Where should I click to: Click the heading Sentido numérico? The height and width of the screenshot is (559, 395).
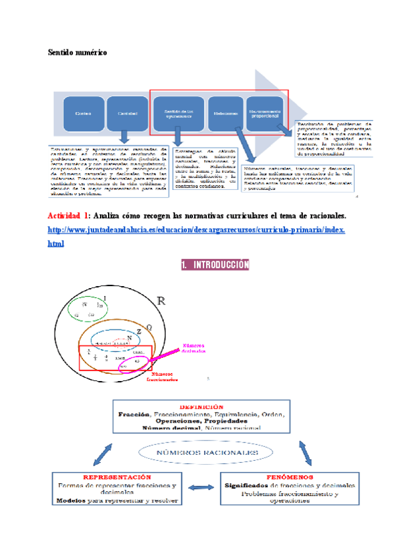tap(78, 52)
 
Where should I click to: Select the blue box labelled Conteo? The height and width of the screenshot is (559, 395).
tap(83, 114)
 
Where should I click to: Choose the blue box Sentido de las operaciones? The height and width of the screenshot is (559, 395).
tap(178, 114)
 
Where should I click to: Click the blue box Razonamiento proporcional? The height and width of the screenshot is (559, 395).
tap(267, 114)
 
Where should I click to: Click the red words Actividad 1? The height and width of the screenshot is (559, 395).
tap(68, 216)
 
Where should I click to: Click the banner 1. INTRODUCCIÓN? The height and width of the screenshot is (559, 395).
tap(215, 265)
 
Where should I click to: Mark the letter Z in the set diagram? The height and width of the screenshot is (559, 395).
tap(139, 331)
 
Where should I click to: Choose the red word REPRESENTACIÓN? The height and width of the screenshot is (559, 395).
tap(117, 477)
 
